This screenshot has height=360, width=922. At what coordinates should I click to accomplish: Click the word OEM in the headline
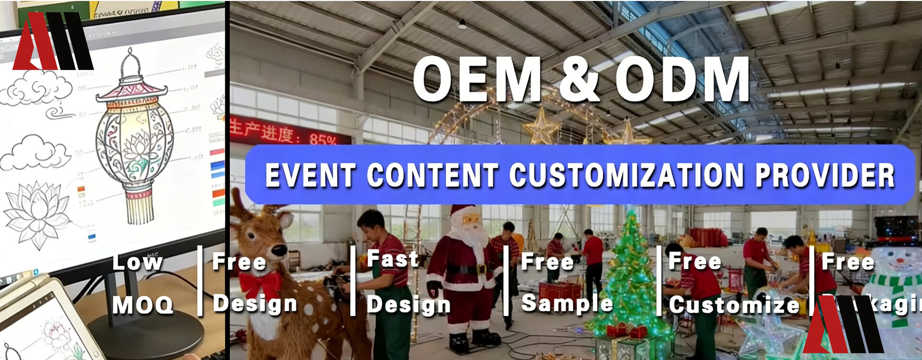(477, 79)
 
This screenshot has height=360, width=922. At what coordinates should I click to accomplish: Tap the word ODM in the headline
(682, 79)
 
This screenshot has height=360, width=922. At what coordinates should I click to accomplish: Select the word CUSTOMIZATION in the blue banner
(627, 175)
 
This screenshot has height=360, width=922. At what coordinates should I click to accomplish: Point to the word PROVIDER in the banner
(825, 175)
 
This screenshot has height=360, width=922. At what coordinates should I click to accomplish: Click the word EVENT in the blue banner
(310, 175)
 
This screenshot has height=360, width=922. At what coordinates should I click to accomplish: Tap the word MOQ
(143, 305)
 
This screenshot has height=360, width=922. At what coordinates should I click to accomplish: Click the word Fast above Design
(392, 260)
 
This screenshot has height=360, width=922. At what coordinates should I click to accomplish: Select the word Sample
(567, 303)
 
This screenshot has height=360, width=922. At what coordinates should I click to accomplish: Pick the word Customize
(734, 305)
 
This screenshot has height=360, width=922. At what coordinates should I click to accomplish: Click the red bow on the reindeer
(261, 284)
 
